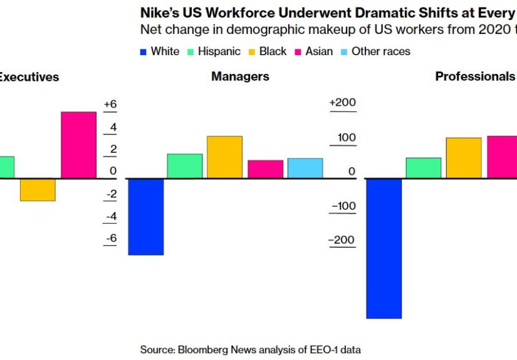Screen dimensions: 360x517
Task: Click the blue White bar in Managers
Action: pos(145,217)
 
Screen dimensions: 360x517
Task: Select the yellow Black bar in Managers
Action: pos(224,157)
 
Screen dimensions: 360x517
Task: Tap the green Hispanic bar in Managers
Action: pos(184,166)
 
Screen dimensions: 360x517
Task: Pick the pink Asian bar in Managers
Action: pos(265,169)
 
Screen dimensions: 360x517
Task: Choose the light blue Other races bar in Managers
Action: pos(305,168)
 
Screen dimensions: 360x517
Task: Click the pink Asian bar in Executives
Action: pos(78,145)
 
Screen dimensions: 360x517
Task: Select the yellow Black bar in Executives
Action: pos(38,190)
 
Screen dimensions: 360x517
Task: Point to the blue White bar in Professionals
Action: pos(384,249)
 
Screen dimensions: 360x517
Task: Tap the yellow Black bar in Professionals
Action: pos(464,158)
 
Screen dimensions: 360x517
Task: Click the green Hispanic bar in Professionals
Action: pos(424,168)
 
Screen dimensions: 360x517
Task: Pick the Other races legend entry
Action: pos(375,51)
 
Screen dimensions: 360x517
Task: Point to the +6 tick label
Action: pos(110,105)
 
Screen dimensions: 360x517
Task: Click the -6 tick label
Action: pos(110,238)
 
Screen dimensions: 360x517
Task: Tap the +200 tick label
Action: pos(342,103)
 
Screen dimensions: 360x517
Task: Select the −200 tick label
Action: pos(342,240)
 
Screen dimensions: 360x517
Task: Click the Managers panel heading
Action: pos(240,76)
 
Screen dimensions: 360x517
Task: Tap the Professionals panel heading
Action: pos(475,76)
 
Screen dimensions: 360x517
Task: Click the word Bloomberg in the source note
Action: pos(201,349)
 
